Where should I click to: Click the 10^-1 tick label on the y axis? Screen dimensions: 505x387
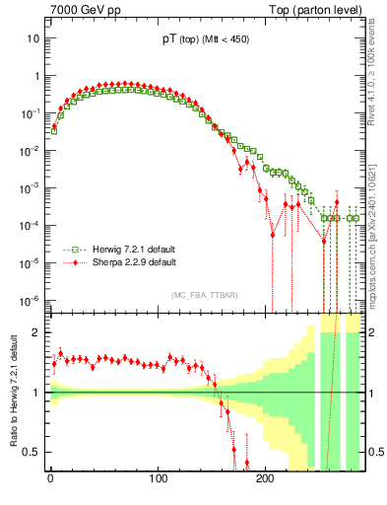click(x=30, y=113)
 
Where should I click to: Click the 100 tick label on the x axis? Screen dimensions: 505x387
click(x=158, y=479)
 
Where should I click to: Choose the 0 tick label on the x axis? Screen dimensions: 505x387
click(x=50, y=479)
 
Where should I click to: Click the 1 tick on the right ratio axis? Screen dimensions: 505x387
click(x=371, y=393)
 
